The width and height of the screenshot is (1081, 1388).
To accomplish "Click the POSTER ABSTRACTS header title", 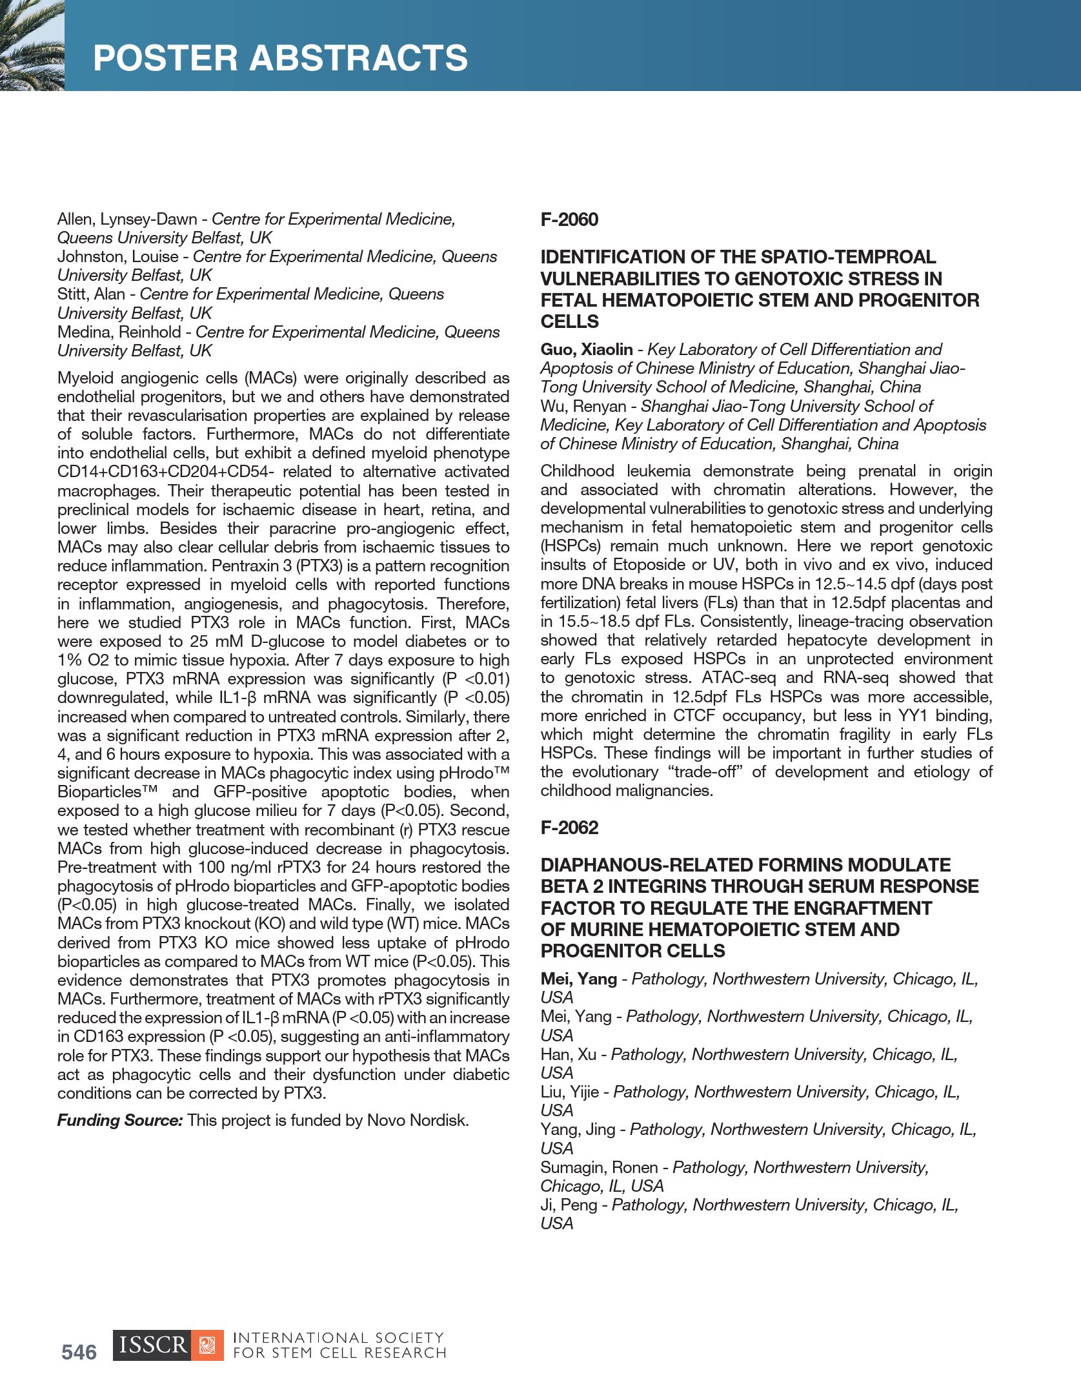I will coord(280,58).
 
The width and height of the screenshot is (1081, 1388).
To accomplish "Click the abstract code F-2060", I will coord(569,219).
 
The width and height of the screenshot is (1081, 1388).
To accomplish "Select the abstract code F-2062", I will coord(569,828).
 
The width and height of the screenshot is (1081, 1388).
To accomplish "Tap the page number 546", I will coord(79,1352).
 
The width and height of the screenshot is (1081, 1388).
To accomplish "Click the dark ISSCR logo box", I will coord(152,1345).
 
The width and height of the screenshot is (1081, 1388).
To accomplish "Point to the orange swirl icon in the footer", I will coord(208,1345).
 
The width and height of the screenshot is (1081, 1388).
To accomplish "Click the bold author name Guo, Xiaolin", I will coord(587,350).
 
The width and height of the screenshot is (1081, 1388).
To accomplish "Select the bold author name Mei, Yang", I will coord(578,979).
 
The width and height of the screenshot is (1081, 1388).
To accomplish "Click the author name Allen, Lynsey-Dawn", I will coord(127,219).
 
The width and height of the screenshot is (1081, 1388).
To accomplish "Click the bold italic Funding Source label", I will coord(120,1121).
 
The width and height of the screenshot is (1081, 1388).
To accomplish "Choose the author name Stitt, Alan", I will coord(90,294).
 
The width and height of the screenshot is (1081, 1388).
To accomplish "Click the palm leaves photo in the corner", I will coord(32,45).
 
